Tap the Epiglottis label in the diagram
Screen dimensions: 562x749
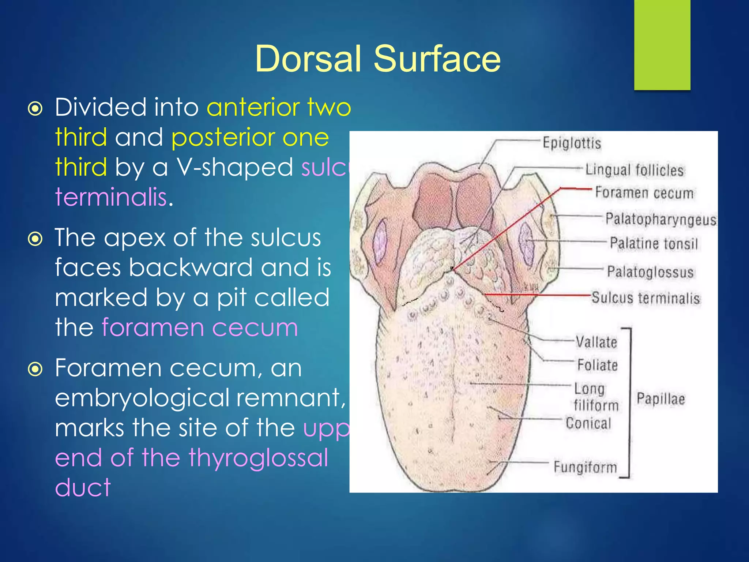[x=572, y=143]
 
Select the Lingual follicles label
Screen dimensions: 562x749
[x=635, y=170]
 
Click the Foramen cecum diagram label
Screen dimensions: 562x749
[x=644, y=193]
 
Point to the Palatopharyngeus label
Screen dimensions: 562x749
[x=660, y=219]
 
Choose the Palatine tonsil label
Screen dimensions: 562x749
[x=654, y=244]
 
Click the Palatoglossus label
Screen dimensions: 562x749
[x=650, y=272]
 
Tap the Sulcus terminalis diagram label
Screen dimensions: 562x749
[x=646, y=298]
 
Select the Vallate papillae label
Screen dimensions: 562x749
[x=596, y=342]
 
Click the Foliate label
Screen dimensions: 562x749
[x=598, y=365]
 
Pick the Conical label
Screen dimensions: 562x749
[x=588, y=423]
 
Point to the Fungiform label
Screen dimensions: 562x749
[x=585, y=467]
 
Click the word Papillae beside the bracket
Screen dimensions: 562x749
[x=660, y=399]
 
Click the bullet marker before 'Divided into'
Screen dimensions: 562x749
[x=35, y=109]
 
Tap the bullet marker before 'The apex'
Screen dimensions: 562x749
[x=35, y=239]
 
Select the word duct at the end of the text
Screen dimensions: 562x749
[x=83, y=488]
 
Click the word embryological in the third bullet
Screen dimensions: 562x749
[x=143, y=398]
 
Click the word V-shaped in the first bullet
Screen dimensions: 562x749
[x=235, y=168]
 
